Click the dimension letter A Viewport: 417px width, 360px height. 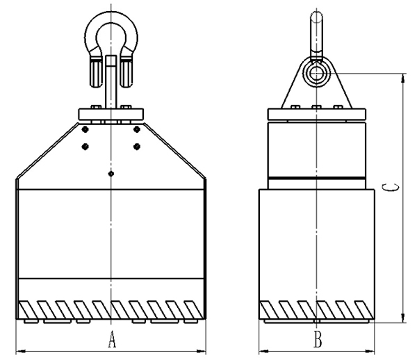click(x=112, y=339)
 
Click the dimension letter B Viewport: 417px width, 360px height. click(x=318, y=339)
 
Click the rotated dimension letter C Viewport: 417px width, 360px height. click(x=391, y=187)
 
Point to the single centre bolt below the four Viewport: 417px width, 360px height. click(x=111, y=174)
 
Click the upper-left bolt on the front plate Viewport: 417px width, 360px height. click(x=85, y=129)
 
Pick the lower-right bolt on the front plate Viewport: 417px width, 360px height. click(x=137, y=147)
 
